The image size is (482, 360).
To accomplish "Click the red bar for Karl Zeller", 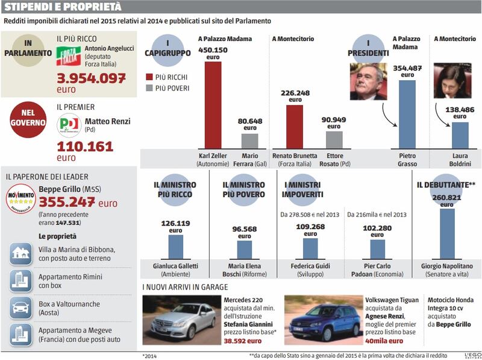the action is tap(213, 106).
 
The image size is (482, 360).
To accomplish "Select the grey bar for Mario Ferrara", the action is tap(249, 141).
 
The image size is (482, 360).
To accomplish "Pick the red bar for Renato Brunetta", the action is tap(295, 127).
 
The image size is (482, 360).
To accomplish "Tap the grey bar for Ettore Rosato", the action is tap(334, 141).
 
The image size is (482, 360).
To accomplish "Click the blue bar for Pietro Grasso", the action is tap(407, 115).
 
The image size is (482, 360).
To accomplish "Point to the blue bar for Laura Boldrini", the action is tap(460, 136).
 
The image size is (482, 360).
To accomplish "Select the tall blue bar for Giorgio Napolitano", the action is tap(447, 234).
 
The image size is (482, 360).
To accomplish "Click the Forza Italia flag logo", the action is tap(68, 55).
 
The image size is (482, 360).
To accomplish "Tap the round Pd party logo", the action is tap(69, 125).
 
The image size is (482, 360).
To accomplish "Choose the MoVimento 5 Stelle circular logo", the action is tap(20, 199).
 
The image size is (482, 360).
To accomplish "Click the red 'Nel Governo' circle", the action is tap(28, 119).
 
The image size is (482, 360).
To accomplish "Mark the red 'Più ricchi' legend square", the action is tap(149, 77).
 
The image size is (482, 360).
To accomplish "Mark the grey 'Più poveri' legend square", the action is tap(149, 88).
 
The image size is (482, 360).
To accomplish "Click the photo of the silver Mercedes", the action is tap(182, 320).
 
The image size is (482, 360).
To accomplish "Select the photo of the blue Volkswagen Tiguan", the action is tap(324, 320).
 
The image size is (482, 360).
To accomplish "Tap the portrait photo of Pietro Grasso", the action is tap(369, 81).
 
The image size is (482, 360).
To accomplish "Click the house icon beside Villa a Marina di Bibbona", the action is tap(20, 254).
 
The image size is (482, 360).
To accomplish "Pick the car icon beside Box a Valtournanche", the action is tap(20, 308).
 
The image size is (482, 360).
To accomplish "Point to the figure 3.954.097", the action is tap(92, 78).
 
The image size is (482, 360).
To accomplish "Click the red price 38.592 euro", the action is tap(243, 341).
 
